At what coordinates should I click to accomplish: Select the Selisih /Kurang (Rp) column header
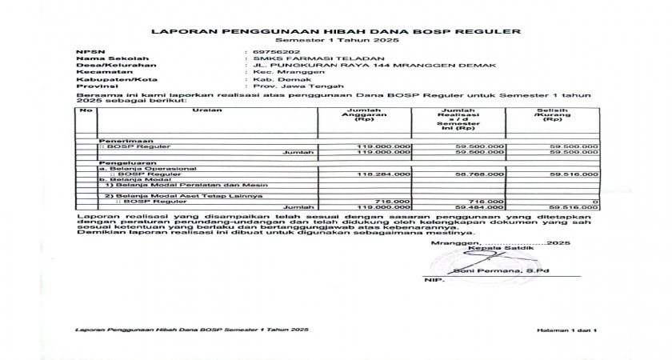tap(550, 116)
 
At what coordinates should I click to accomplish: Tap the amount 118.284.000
tap(385, 173)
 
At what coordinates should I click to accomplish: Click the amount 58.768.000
tap(479, 173)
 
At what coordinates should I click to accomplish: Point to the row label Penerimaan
tap(118, 140)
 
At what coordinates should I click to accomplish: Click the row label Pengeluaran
tap(119, 162)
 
